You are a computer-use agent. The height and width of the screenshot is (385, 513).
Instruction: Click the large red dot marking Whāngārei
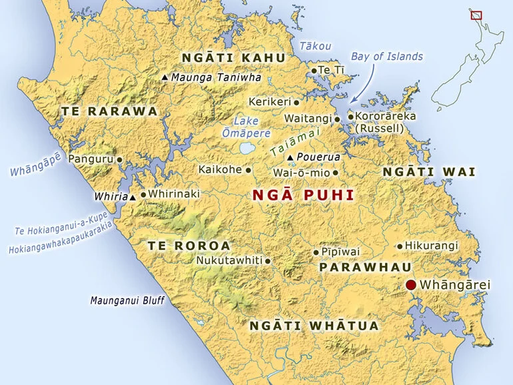tap(411, 285)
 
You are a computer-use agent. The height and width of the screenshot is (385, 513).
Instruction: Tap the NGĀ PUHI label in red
tap(302, 195)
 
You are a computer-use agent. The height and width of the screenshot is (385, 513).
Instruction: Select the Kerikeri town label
tap(269, 102)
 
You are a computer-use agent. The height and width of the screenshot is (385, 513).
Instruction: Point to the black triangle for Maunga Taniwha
tap(165, 78)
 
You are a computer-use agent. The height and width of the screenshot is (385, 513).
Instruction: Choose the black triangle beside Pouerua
tap(290, 157)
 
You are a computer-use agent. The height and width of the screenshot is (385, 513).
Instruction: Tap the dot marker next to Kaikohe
tap(249, 170)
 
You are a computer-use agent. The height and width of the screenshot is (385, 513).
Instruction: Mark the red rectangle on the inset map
tap(476, 14)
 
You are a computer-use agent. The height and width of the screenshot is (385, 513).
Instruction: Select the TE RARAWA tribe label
tap(109, 111)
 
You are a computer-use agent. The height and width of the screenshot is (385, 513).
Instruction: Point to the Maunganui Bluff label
tap(127, 300)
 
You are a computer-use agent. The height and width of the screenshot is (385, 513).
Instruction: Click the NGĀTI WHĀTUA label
tap(314, 326)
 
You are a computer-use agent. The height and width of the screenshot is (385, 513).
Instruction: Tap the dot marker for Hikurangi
tap(400, 246)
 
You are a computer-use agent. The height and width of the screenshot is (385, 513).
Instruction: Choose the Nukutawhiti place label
tap(229, 260)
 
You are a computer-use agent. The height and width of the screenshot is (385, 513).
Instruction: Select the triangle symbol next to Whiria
tap(133, 197)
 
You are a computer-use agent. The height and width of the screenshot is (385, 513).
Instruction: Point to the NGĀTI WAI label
tap(428, 172)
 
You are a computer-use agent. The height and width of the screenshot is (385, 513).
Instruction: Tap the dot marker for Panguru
tap(120, 159)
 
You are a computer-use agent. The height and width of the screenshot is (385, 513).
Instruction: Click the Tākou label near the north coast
tap(314, 45)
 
